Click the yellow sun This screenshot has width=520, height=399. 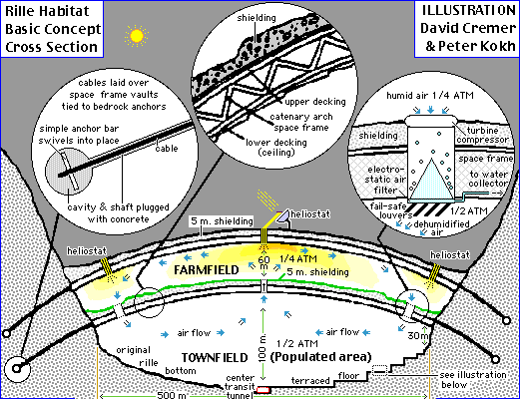pyautogui.click(x=137, y=36)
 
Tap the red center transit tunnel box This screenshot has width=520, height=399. pyautogui.click(x=263, y=390)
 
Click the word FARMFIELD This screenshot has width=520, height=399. pyautogui.click(x=207, y=270)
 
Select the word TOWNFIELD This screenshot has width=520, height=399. pyautogui.click(x=215, y=358)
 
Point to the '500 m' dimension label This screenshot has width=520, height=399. pyautogui.click(x=172, y=395)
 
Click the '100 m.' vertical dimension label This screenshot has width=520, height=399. pyautogui.click(x=262, y=348)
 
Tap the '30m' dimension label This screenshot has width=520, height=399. pyautogui.click(x=418, y=336)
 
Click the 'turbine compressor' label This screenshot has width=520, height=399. pyautogui.click(x=482, y=135)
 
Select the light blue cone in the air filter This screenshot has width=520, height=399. pyautogui.click(x=431, y=179)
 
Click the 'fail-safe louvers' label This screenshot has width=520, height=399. pyautogui.click(x=390, y=210)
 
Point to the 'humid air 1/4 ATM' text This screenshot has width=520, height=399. pyautogui.click(x=430, y=96)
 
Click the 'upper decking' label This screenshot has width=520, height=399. pyautogui.click(x=315, y=102)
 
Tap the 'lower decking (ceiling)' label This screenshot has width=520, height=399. pyautogui.click(x=276, y=148)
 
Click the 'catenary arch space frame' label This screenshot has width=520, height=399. pyautogui.click(x=301, y=122)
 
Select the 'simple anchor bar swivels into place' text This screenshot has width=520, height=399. pyautogui.click(x=79, y=135)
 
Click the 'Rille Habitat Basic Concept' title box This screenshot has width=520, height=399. pyautogui.click(x=52, y=29)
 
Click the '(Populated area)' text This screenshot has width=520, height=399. pyautogui.click(x=320, y=357)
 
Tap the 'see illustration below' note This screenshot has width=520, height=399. pyautogui.click(x=473, y=380)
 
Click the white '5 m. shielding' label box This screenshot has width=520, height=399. pyautogui.click(x=223, y=221)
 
